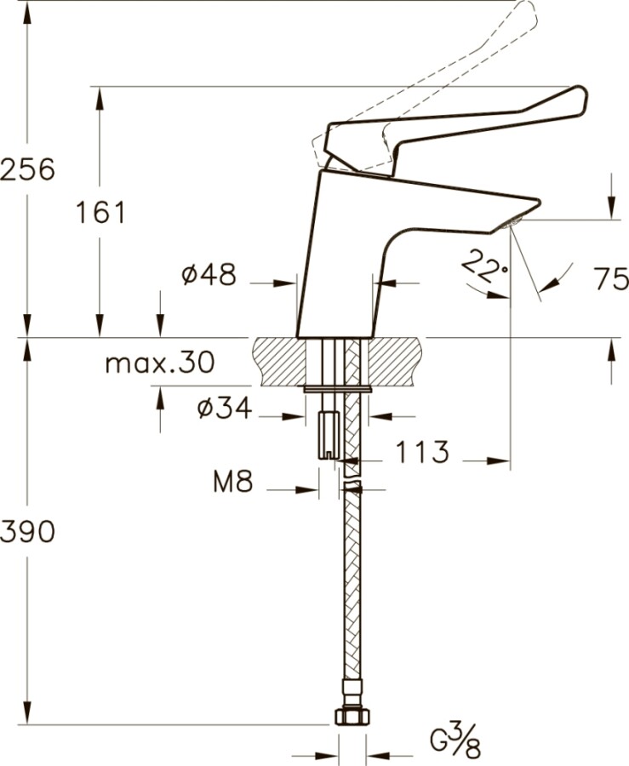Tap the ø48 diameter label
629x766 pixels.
pos(209,275)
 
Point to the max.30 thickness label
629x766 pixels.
pos(159,363)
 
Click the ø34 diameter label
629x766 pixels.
pos(224,409)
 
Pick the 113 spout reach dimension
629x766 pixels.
pos(421,453)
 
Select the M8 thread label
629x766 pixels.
pos(233,483)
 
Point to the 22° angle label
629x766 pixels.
pos(483,269)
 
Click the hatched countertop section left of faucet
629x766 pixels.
pos(278,362)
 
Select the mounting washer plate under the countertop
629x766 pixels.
pos(338,390)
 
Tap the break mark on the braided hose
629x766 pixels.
pos(351,489)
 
